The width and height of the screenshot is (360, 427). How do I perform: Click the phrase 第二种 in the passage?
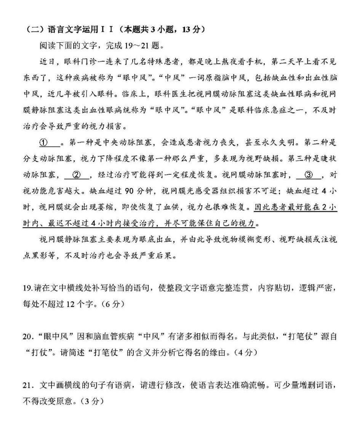[317, 143]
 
